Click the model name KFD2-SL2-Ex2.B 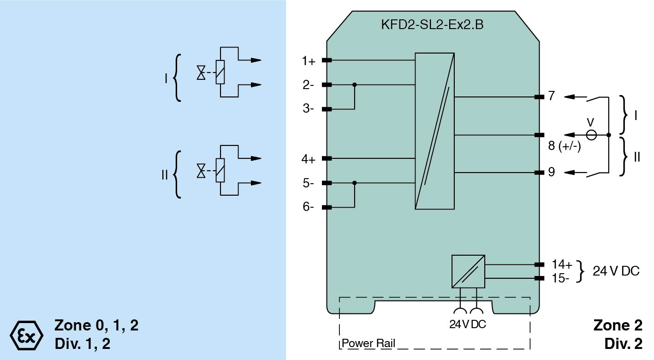pos(433,24)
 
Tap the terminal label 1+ pos(309,61)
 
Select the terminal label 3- pos(308,108)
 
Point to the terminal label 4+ pos(309,159)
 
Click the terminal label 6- pos(308,207)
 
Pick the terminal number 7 pos(552,96)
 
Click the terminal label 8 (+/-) pos(565,146)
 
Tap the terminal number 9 pos(552,172)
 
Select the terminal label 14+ pos(562,264)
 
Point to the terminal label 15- pos(560,278)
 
